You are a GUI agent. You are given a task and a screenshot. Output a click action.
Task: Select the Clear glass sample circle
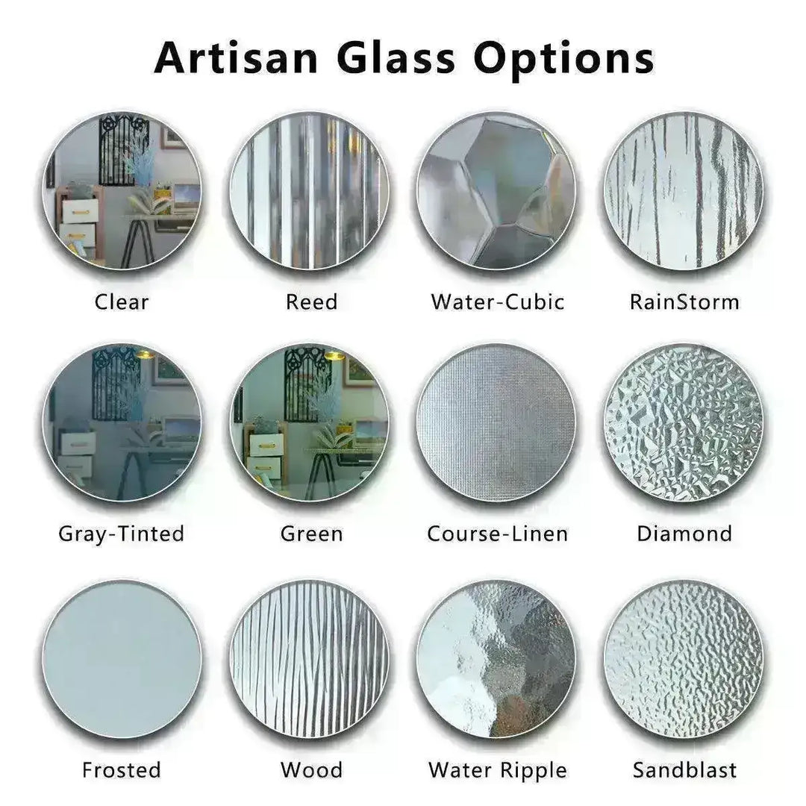coord(122,190)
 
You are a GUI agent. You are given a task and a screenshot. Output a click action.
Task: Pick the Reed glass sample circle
coord(310,190)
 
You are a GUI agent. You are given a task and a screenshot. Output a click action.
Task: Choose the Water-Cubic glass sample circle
coord(496,190)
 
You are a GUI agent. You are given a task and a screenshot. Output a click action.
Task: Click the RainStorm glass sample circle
coord(684,190)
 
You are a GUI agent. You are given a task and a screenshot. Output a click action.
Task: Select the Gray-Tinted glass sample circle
coord(122,422)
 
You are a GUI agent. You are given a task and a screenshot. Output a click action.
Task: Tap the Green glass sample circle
coord(310,422)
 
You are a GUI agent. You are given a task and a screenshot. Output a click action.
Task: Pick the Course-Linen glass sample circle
coord(496,422)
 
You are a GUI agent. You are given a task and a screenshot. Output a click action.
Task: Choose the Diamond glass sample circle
coord(684,422)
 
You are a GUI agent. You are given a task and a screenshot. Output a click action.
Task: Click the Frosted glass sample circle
coord(122,658)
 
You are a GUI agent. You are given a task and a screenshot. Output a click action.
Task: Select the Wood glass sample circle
coord(310,658)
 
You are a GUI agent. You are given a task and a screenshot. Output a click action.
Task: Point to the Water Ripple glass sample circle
coord(496,658)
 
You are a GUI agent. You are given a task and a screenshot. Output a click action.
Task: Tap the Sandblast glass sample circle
coord(684,658)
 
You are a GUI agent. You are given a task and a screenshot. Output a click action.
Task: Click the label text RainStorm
coord(684,302)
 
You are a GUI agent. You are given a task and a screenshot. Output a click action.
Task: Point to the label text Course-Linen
coord(497,534)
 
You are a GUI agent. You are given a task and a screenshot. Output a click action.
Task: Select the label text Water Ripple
coord(498,770)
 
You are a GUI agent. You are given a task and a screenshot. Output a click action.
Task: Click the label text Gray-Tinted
coord(122,534)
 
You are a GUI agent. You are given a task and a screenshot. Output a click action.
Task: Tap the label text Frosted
coord(122,770)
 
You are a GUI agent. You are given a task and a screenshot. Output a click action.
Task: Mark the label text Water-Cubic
coord(498,302)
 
